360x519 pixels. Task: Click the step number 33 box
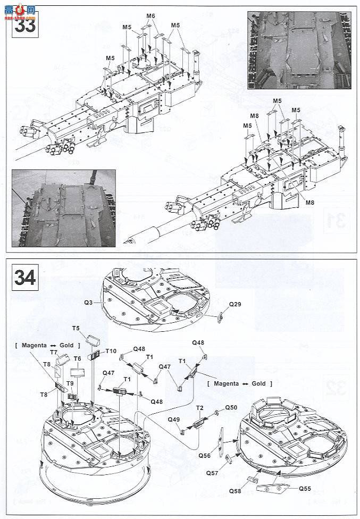24,24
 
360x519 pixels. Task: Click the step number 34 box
24,277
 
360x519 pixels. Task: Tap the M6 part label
150,16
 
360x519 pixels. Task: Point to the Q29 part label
235,304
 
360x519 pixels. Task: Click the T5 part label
76,329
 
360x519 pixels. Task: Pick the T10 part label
111,351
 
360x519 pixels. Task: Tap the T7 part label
54,353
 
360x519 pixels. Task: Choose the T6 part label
77,359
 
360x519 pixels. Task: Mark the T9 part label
70,384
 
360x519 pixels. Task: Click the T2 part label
199,408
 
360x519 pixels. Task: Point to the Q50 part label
231,407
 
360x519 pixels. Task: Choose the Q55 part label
305,489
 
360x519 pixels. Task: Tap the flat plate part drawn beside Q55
274,488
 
